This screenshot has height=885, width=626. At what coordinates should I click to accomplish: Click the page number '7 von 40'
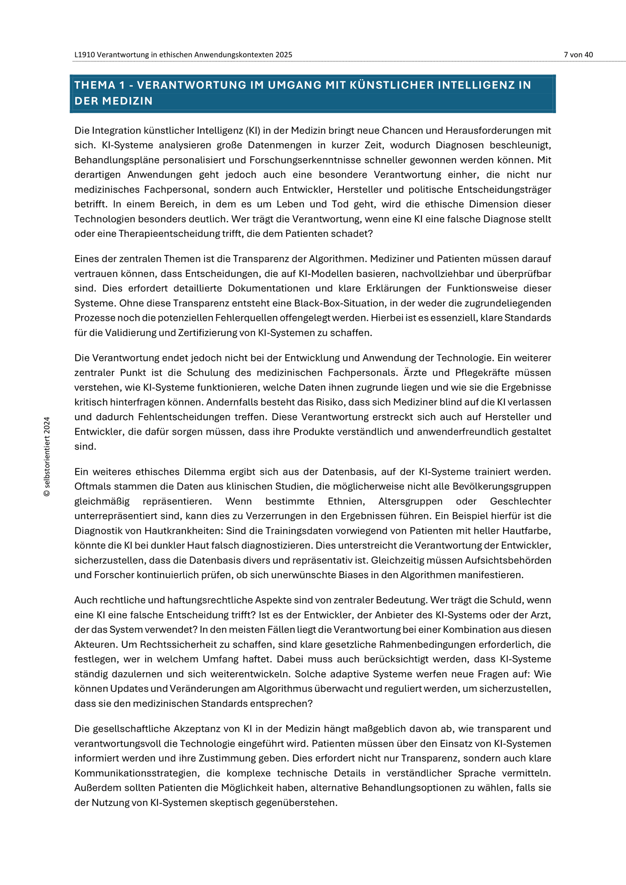pos(578,55)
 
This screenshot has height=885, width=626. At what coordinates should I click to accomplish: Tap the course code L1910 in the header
pos(84,55)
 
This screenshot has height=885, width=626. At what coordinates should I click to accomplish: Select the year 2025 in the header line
pos(284,55)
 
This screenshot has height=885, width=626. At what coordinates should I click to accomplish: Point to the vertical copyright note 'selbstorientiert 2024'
pos(47,456)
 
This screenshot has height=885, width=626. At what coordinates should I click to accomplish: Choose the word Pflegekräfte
pos(482,372)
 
